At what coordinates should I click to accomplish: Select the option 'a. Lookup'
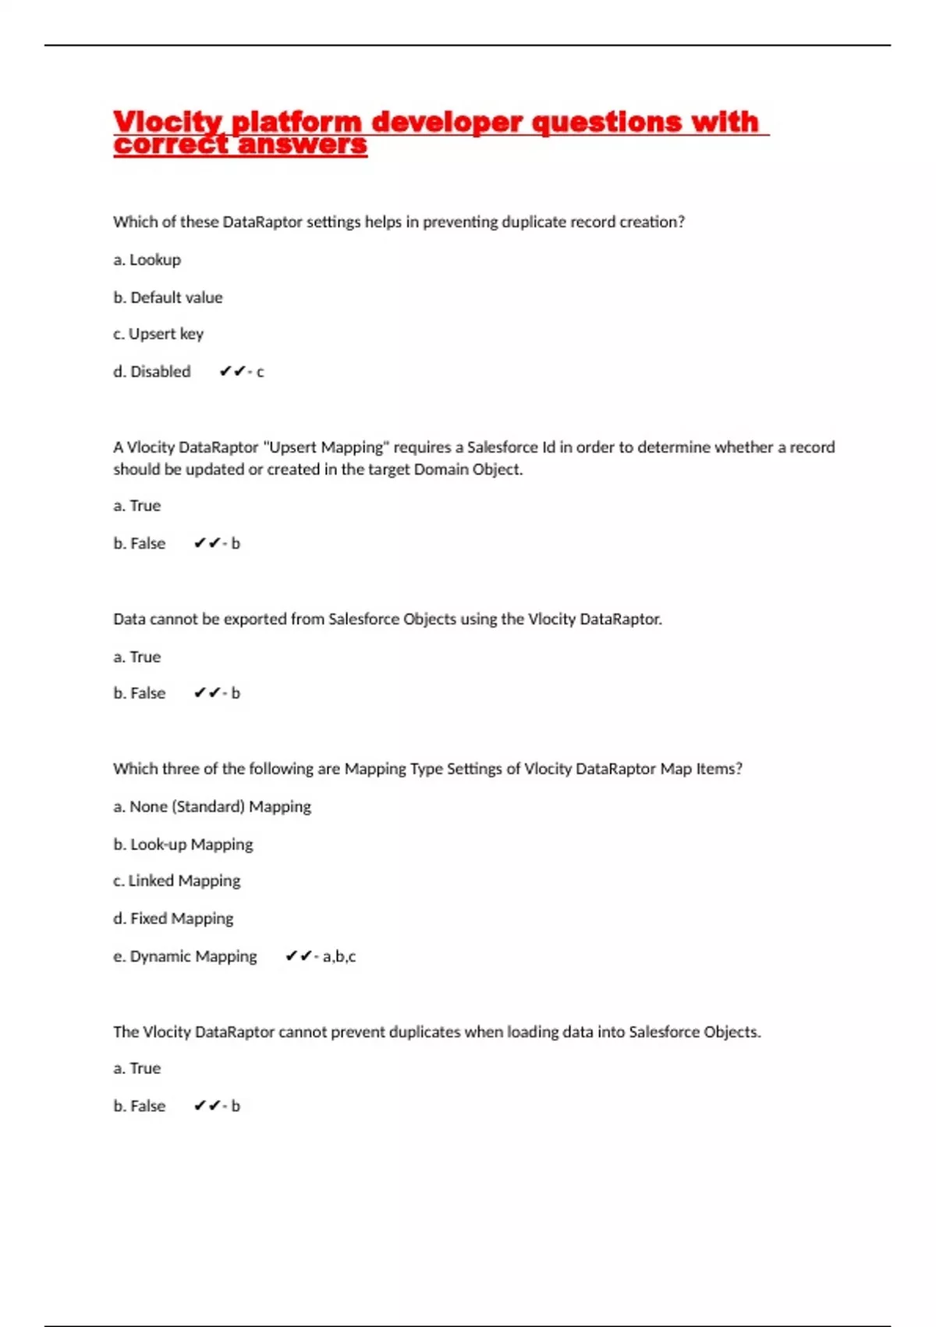pos(147,260)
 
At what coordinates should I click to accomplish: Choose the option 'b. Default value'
pos(168,297)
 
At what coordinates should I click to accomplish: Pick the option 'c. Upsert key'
pos(158,334)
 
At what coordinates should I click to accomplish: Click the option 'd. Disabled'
pos(152,372)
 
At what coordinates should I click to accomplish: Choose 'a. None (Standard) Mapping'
pos(212,806)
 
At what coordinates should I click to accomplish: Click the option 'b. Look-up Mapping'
pos(183,844)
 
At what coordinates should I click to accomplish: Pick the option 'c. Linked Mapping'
pos(177,881)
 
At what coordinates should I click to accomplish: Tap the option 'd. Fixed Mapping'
pos(173,918)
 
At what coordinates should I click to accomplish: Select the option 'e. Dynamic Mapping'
pos(185,956)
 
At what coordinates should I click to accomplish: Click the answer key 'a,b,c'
pos(339,956)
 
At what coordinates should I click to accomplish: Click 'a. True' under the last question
pos(137,1068)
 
